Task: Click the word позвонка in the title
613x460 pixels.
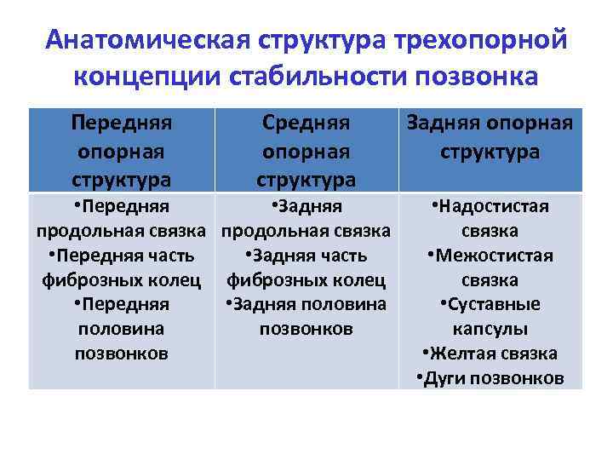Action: click(x=477, y=76)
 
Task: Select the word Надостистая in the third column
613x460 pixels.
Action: click(x=495, y=206)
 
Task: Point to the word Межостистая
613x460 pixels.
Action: click(x=495, y=256)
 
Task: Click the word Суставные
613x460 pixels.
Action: click(x=495, y=304)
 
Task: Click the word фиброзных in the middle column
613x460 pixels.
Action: click(x=268, y=280)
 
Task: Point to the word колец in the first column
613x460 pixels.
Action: click(x=174, y=280)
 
